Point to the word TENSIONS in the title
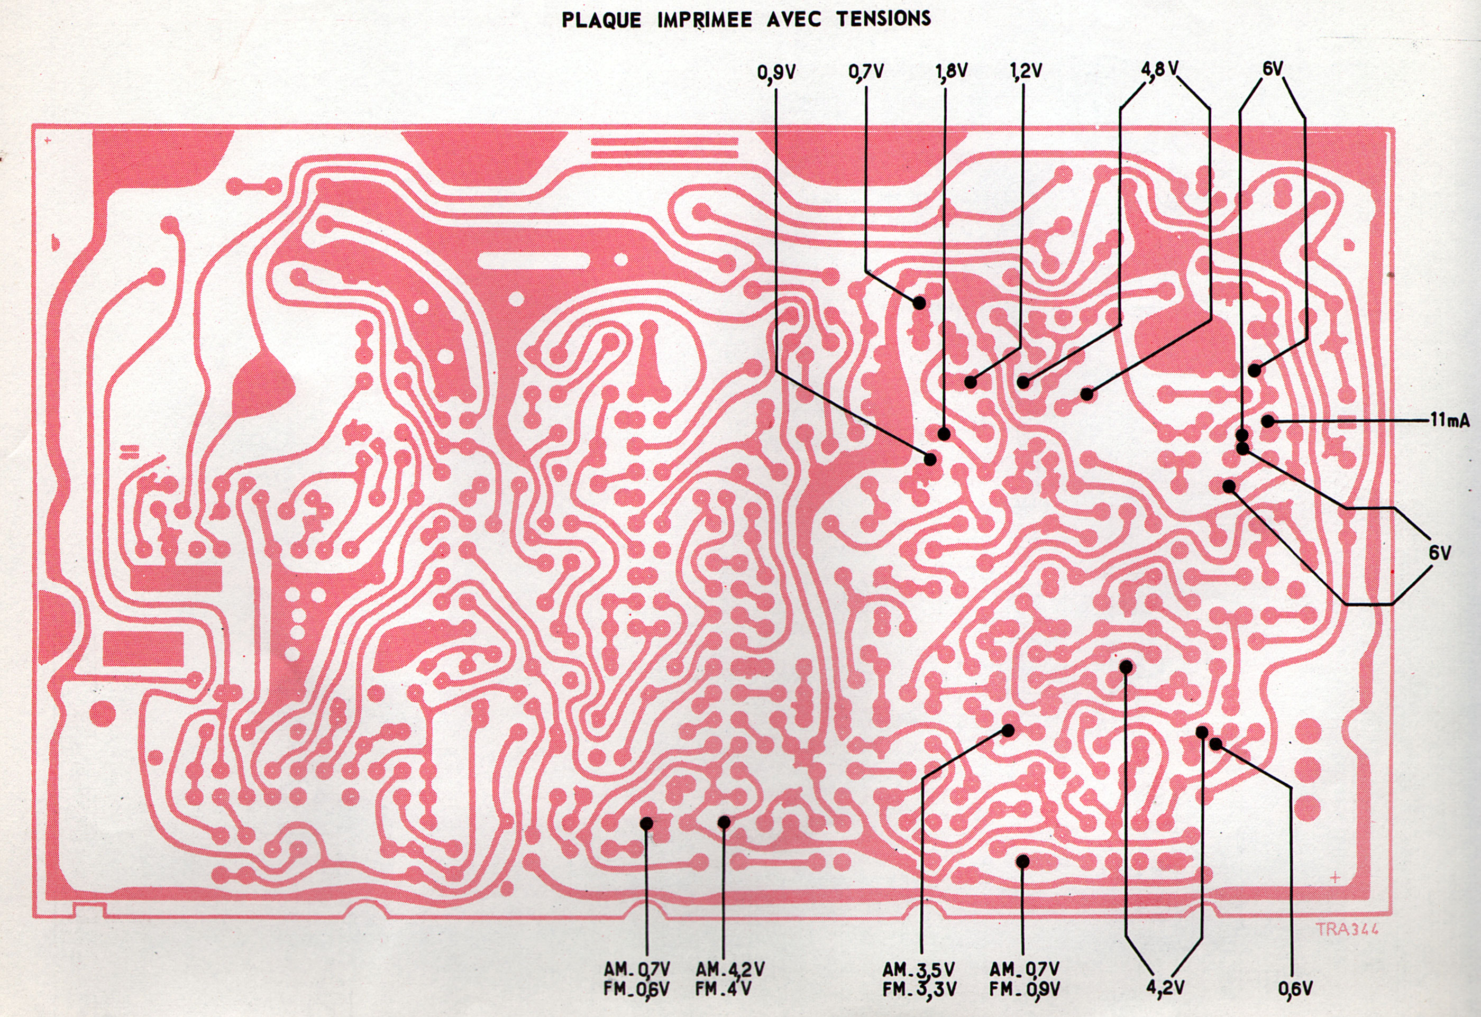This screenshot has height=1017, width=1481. [x=883, y=19]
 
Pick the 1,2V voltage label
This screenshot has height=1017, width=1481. [x=1026, y=71]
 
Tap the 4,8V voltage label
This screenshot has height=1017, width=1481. [x=1159, y=69]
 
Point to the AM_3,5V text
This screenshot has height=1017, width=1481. [x=918, y=970]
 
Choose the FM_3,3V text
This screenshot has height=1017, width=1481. [x=918, y=989]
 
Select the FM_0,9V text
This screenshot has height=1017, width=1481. [x=1025, y=989]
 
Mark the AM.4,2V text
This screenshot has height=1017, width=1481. [x=730, y=970]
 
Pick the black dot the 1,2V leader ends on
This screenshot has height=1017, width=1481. [x=971, y=382]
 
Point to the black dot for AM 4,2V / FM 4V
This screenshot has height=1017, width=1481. [x=724, y=823]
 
